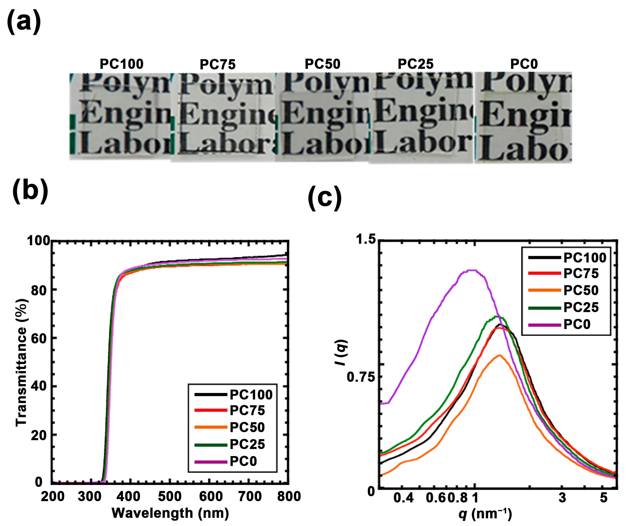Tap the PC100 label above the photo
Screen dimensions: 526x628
click(121, 64)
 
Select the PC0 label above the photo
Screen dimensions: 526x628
click(524, 64)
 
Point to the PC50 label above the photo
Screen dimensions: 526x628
click(322, 64)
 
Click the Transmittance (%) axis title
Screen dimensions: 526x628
click(22, 362)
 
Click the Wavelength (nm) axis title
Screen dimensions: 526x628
click(170, 513)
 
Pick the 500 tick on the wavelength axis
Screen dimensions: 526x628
click(170, 497)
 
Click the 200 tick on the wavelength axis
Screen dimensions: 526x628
click(53, 497)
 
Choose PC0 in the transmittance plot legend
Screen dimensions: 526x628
click(243, 461)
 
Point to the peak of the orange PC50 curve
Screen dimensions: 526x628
click(499, 355)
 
